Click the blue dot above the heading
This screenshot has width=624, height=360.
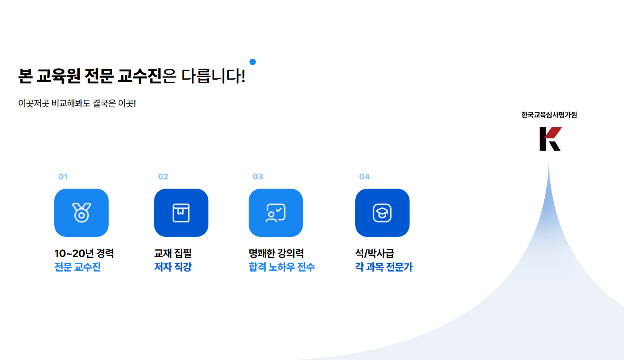click(x=253, y=62)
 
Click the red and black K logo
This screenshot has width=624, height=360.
click(x=551, y=139)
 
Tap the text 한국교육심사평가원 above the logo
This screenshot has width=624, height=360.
click(x=549, y=115)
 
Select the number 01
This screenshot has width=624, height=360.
click(x=63, y=177)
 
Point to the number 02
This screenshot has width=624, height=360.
click(x=163, y=177)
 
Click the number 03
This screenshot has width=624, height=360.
click(x=258, y=177)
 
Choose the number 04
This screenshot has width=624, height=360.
click(x=365, y=177)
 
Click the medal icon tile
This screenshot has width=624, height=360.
click(x=81, y=213)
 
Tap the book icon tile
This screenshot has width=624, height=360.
click(x=181, y=213)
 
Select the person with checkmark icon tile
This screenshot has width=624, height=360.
click(x=276, y=213)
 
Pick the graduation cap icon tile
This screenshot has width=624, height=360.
click(x=382, y=213)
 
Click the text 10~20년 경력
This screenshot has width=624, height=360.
click(x=84, y=253)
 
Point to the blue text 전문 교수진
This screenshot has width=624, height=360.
click(x=77, y=267)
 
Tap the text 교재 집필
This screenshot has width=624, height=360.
click(x=173, y=253)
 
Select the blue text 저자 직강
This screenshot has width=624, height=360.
click(x=173, y=267)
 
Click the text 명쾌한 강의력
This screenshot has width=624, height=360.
click(x=276, y=253)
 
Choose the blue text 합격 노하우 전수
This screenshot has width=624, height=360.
click(x=282, y=267)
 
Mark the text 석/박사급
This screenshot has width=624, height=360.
click(x=375, y=253)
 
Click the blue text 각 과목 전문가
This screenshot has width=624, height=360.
click(x=383, y=267)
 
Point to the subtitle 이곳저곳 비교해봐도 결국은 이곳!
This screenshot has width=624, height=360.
click(x=77, y=103)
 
